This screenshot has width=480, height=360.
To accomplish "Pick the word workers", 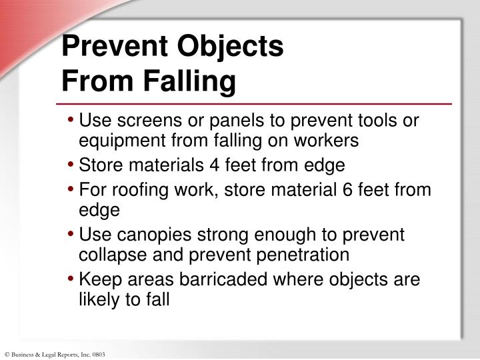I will pos(329,141).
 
